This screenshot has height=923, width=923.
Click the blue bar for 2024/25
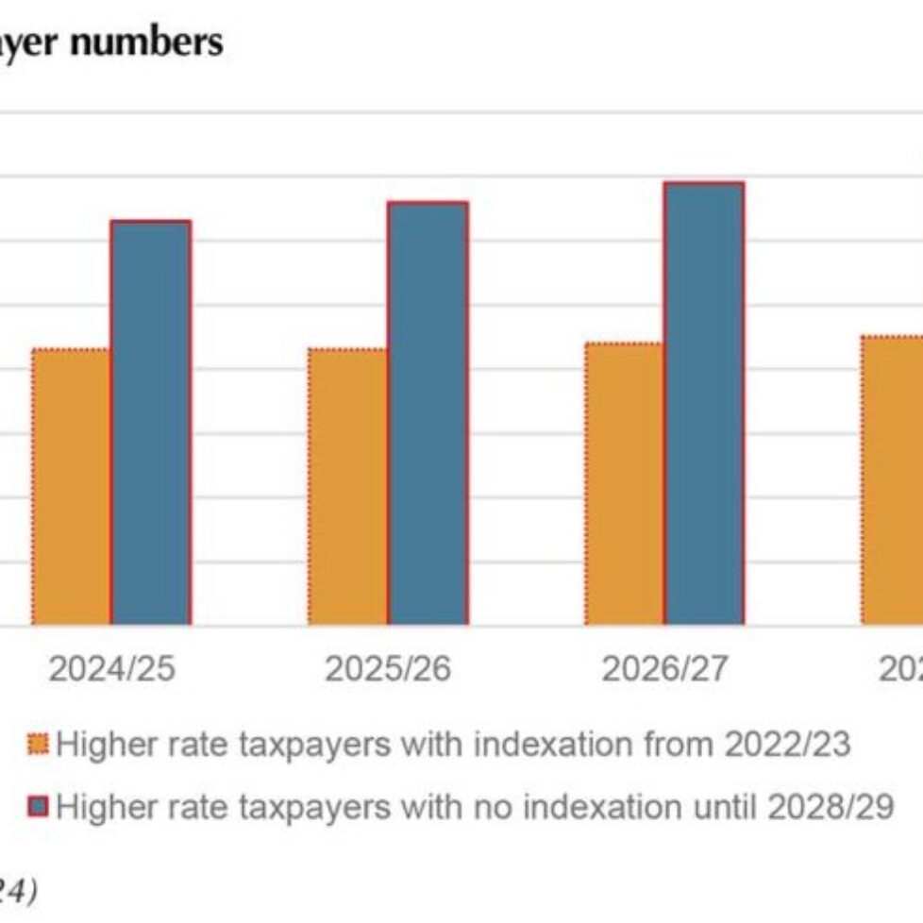(151, 423)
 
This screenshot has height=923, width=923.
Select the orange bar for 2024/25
(71, 487)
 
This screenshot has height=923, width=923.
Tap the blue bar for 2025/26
(428, 413)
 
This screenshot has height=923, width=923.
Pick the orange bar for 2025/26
(347, 487)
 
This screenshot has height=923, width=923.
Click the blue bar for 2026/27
(704, 404)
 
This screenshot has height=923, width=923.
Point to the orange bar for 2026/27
(624, 484)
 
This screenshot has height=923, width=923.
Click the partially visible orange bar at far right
(893, 480)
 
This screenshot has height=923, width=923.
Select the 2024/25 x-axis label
(112, 669)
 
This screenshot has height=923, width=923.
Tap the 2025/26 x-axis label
(388, 669)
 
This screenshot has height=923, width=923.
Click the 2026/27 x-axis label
(665, 669)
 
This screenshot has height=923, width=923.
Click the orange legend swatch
(39, 746)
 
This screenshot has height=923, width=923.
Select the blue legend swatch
(39, 808)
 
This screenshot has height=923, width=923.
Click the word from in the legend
(679, 746)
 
